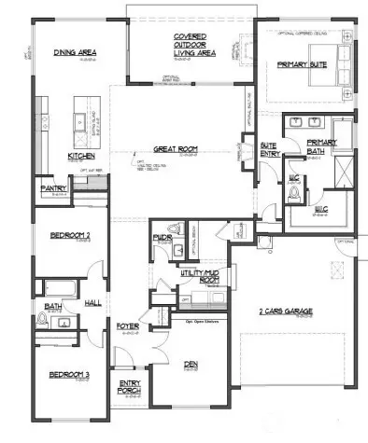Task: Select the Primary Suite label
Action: click(300, 65)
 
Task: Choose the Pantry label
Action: click(52, 188)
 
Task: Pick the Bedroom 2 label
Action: click(60, 234)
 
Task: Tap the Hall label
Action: click(93, 304)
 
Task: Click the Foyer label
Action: click(127, 327)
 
